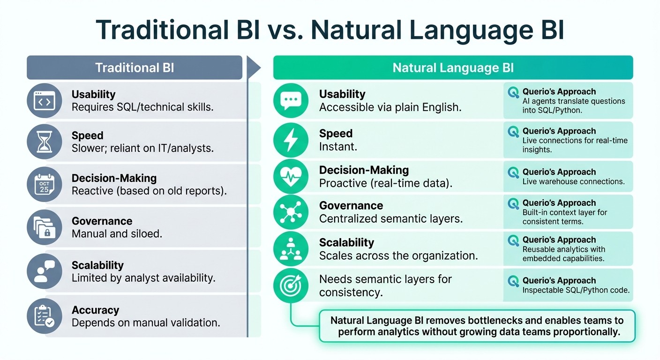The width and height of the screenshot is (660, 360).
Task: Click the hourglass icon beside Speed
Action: (44, 142)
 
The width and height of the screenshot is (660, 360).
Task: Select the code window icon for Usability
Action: (44, 100)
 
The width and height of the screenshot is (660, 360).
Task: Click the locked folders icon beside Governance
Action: (44, 227)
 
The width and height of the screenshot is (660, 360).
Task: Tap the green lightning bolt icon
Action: (291, 139)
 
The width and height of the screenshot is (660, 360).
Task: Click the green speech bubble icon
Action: (291, 100)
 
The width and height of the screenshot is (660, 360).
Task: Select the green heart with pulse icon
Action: (291, 177)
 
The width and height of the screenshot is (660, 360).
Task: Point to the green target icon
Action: (291, 285)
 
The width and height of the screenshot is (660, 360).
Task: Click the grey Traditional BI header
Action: (135, 67)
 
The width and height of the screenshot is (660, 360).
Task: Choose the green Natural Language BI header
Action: (453, 67)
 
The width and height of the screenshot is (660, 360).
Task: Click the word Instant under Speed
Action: (338, 146)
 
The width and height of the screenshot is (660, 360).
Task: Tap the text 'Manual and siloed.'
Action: (117, 233)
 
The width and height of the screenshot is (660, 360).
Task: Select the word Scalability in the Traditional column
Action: (97, 265)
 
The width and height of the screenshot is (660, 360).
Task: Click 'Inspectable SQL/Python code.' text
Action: (576, 290)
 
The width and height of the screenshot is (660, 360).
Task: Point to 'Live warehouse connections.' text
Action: (573, 181)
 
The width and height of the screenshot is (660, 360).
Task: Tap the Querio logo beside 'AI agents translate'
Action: (513, 92)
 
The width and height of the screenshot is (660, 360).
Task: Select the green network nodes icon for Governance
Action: (291, 212)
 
